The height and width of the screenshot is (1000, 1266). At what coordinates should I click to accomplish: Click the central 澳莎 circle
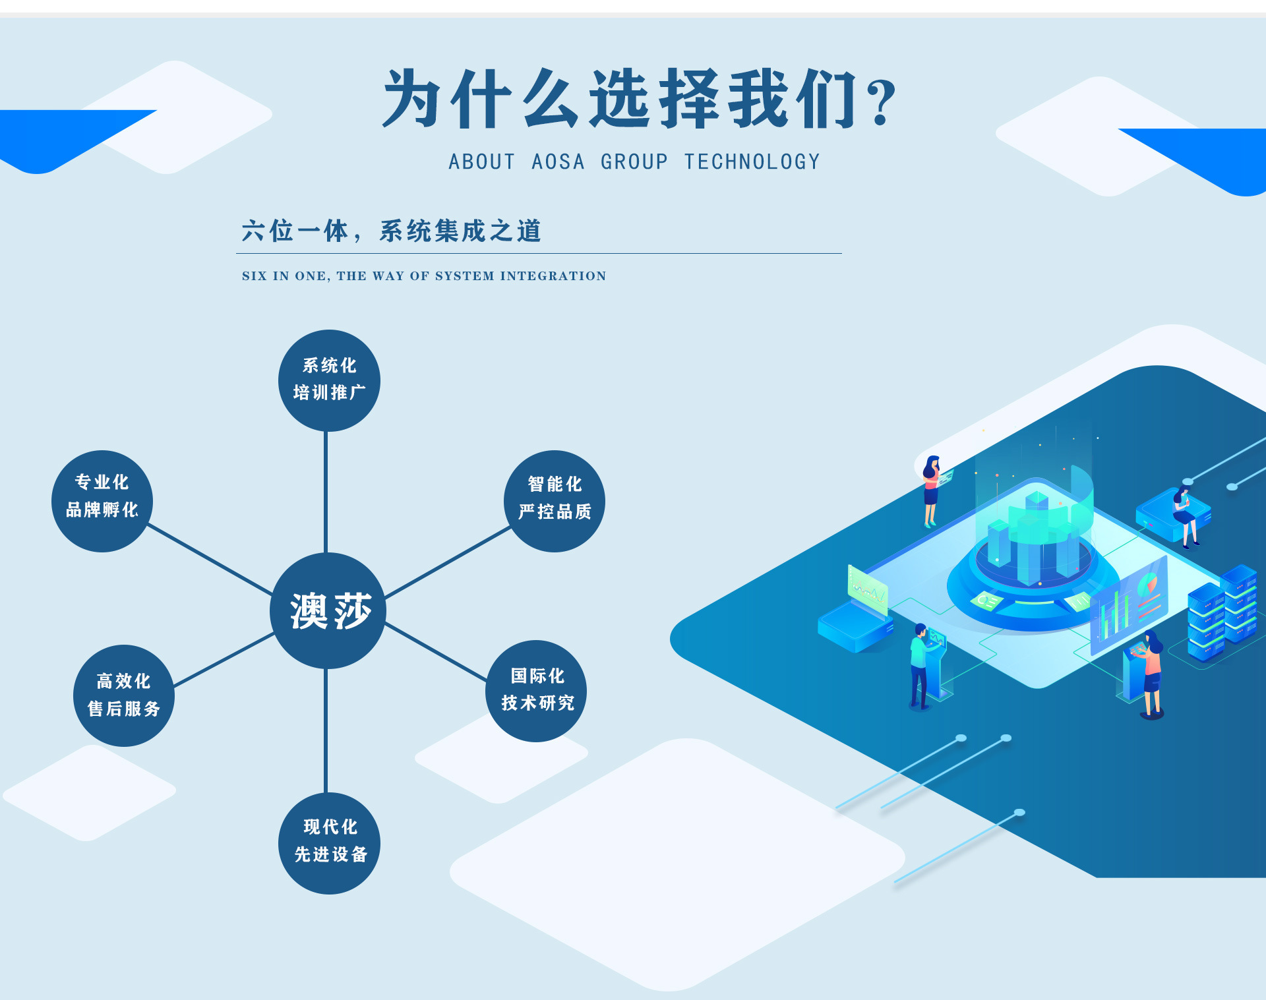pos(328,610)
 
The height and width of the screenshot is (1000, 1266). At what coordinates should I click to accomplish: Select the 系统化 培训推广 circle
pos(329,380)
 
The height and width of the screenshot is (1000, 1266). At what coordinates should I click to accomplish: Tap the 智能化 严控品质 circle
pos(554,500)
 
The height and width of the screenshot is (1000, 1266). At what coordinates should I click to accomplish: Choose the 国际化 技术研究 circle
pos(536,690)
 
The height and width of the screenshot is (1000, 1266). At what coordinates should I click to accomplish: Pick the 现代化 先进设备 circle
pos(329,842)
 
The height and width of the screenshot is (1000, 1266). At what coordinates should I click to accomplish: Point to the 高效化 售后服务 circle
pos(123,695)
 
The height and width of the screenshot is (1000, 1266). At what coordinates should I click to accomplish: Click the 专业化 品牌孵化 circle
pos(102,500)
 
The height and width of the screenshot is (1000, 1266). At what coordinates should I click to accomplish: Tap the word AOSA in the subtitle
pos(558,162)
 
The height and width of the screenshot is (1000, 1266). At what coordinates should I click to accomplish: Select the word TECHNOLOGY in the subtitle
pos(752,162)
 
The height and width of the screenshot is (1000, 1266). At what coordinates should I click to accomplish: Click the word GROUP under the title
pos(634,162)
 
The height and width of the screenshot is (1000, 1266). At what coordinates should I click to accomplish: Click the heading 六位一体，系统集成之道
pos(391,231)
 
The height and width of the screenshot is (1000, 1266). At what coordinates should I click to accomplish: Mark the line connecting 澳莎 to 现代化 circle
pos(326,730)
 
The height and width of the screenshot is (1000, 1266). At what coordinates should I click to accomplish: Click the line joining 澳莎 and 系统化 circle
pos(326,492)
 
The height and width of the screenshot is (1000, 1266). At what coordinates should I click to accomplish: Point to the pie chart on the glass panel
pos(1148,583)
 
